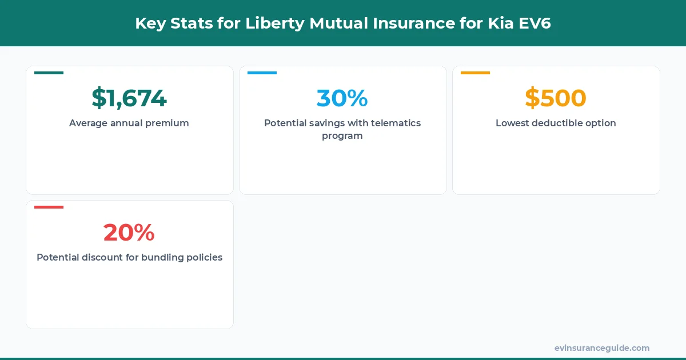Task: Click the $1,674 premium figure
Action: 129,98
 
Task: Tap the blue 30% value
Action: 342,98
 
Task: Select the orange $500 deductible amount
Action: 556,98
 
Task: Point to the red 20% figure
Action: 129,233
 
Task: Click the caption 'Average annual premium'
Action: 129,123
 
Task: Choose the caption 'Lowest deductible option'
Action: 556,123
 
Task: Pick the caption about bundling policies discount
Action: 129,257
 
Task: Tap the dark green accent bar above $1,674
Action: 49,73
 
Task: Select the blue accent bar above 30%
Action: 262,73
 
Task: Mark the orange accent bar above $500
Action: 475,73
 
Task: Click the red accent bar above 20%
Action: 49,207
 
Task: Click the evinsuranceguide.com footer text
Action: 602,348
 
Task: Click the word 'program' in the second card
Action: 342,136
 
